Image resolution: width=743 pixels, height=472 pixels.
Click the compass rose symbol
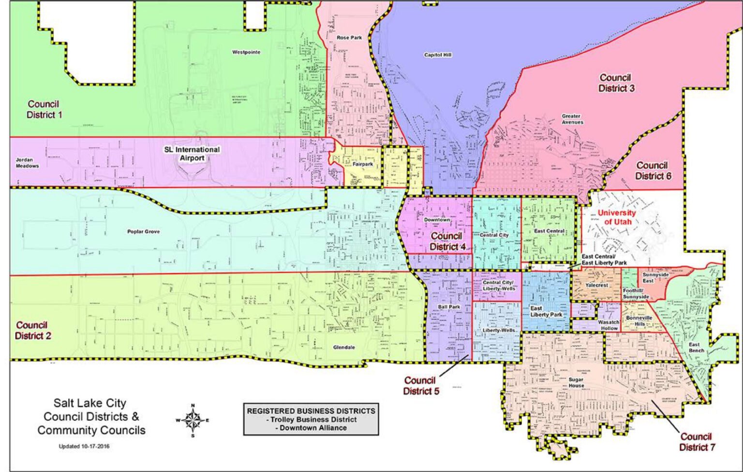(193, 420)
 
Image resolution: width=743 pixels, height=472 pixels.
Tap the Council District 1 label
(44, 109)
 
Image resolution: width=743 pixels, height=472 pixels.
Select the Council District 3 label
(616, 83)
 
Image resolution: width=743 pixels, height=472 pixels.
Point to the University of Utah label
(616, 217)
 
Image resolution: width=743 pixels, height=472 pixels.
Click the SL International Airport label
(192, 154)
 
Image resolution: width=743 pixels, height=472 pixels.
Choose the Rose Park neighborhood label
(349, 38)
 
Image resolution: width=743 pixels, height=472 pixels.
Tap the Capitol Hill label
(438, 55)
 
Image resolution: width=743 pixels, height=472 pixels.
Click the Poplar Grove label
(143, 232)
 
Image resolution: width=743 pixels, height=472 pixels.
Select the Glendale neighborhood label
(344, 347)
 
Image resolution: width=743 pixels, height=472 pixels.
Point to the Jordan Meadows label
(27, 163)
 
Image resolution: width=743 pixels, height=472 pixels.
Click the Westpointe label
(246, 52)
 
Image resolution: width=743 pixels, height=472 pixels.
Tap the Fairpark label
(362, 164)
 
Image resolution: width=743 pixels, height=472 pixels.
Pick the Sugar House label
(576, 383)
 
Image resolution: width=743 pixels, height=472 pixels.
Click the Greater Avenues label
(572, 119)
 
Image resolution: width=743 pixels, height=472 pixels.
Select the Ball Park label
(449, 307)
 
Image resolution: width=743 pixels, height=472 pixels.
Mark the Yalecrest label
(596, 285)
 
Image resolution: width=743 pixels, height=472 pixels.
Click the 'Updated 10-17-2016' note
(84, 446)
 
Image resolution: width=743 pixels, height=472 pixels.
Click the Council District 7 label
(697, 442)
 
